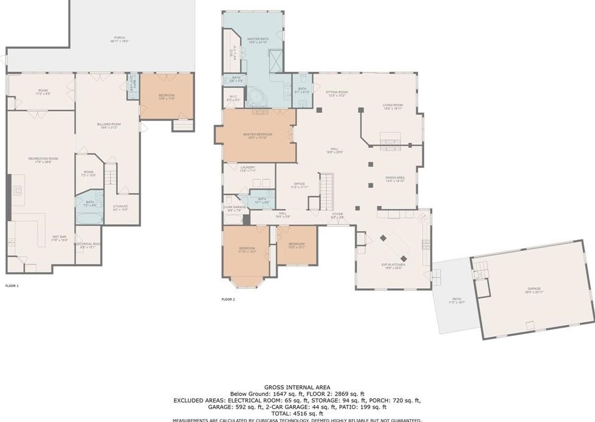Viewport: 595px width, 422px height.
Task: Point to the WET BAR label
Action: (x=59, y=238)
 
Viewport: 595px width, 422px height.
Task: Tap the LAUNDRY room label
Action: (x=247, y=168)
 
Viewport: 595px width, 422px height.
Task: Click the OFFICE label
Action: (x=299, y=185)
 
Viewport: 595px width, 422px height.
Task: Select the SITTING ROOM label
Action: (x=336, y=94)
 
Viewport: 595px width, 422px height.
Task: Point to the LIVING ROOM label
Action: (x=393, y=106)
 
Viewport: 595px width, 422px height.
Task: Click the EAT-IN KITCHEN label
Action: (x=394, y=266)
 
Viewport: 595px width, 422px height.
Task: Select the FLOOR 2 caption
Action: (x=228, y=299)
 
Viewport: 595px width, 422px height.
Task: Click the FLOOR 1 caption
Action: (x=12, y=285)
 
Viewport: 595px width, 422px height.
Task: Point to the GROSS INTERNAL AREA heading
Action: (x=297, y=387)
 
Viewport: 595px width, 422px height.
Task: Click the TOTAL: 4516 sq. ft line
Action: (x=297, y=413)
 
